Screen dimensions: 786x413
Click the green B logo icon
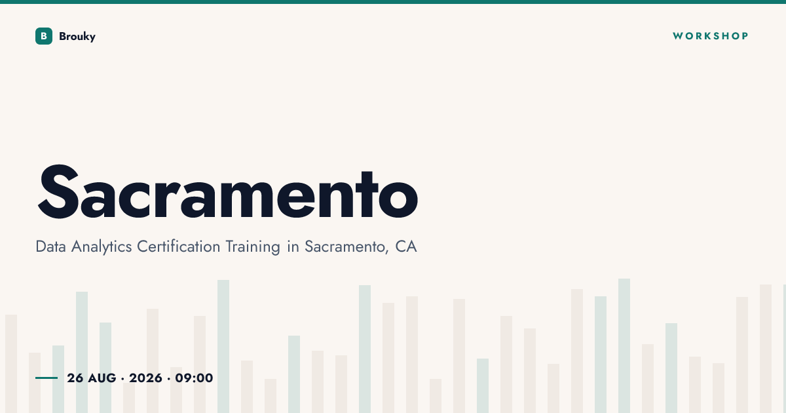(44, 36)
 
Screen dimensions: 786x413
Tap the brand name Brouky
(77, 37)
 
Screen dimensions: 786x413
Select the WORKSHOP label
(711, 36)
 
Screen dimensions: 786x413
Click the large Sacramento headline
(227, 191)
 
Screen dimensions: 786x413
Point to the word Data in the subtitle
(51, 246)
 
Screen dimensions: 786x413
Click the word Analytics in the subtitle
(102, 247)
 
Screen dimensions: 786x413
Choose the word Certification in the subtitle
(178, 246)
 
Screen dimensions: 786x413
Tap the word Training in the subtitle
(253, 247)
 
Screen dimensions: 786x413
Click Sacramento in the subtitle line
(346, 247)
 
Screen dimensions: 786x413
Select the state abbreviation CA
(406, 246)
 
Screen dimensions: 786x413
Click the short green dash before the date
(47, 378)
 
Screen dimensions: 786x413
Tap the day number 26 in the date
(75, 378)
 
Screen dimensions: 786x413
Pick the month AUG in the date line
(102, 378)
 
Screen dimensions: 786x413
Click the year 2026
(145, 378)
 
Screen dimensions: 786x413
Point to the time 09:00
(194, 378)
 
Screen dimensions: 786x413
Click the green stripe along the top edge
(393, 2)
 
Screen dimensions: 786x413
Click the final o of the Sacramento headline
(398, 199)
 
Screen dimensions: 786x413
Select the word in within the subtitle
(293, 246)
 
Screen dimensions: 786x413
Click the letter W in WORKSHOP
(678, 36)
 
